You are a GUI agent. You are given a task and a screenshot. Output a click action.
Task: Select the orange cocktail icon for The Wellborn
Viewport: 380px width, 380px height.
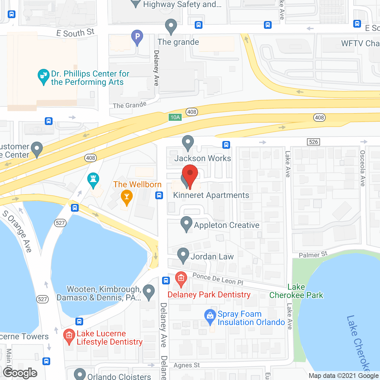click(x=127, y=197)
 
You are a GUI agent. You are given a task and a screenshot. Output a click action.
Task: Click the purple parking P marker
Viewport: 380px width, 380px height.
click(x=137, y=37)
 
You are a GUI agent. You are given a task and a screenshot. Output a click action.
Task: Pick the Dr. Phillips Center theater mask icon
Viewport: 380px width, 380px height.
click(x=44, y=76)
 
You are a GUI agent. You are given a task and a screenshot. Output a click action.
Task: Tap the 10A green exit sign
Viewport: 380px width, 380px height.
click(x=175, y=117)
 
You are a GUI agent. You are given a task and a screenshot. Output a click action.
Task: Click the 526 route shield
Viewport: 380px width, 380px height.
click(x=313, y=142)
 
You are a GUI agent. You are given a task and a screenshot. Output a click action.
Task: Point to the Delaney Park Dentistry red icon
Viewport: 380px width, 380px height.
click(x=181, y=278)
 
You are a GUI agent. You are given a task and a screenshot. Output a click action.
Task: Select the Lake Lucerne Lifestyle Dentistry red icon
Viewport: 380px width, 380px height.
click(x=69, y=336)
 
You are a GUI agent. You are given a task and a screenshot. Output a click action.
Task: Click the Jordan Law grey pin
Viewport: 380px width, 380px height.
click(x=183, y=255)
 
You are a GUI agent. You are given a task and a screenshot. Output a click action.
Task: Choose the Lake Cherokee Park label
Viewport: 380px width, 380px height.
click(x=296, y=291)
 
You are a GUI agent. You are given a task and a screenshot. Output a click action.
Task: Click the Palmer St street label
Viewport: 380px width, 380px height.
click(x=313, y=255)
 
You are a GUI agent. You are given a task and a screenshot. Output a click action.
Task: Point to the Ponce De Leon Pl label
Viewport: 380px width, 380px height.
click(x=218, y=279)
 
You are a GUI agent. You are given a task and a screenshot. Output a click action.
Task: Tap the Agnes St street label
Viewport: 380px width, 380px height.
click(x=187, y=365)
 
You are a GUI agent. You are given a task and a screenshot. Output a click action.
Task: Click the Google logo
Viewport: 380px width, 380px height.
click(x=20, y=373)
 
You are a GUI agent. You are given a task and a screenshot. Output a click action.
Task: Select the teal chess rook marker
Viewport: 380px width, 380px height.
click(x=93, y=180)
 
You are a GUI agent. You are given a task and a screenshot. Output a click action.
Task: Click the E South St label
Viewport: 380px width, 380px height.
click(x=75, y=33)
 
